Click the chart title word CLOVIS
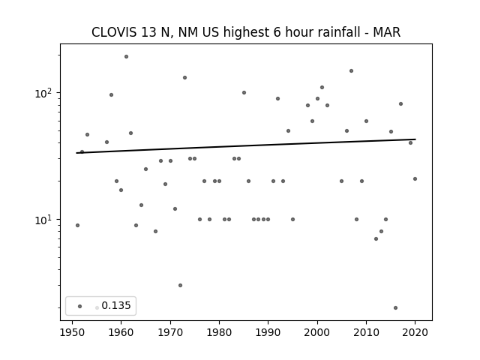click(x=114, y=32)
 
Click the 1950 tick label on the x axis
click(x=72, y=332)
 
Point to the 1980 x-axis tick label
click(x=219, y=332)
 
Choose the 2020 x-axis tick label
click(x=415, y=332)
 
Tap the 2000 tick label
click(x=317, y=332)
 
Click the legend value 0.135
click(x=116, y=305)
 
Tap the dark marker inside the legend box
click(x=80, y=306)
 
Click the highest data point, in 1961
click(x=126, y=57)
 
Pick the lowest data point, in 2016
click(x=395, y=307)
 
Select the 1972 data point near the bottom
click(x=180, y=285)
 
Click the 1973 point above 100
click(x=185, y=78)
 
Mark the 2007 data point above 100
click(x=352, y=71)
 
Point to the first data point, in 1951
click(x=77, y=225)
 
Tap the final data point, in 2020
click(x=415, y=178)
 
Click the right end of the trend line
click(x=415, y=139)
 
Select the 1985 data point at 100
click(x=244, y=93)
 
